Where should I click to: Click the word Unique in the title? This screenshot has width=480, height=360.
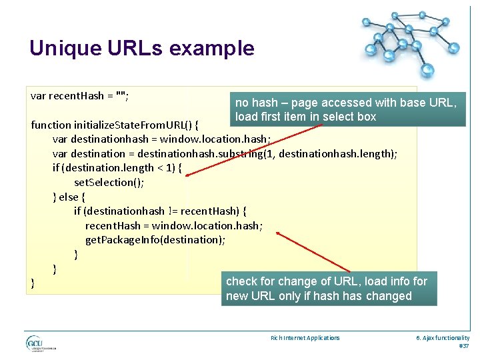(x=65, y=49)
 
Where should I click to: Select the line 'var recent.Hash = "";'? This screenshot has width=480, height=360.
(x=80, y=96)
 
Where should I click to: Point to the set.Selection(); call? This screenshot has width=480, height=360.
(x=109, y=182)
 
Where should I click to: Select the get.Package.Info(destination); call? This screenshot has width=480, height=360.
(x=154, y=239)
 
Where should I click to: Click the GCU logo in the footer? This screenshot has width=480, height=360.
(x=35, y=343)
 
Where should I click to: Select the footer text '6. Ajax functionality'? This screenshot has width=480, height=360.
(x=443, y=338)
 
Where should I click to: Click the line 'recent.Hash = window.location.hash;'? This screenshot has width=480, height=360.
(x=173, y=225)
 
